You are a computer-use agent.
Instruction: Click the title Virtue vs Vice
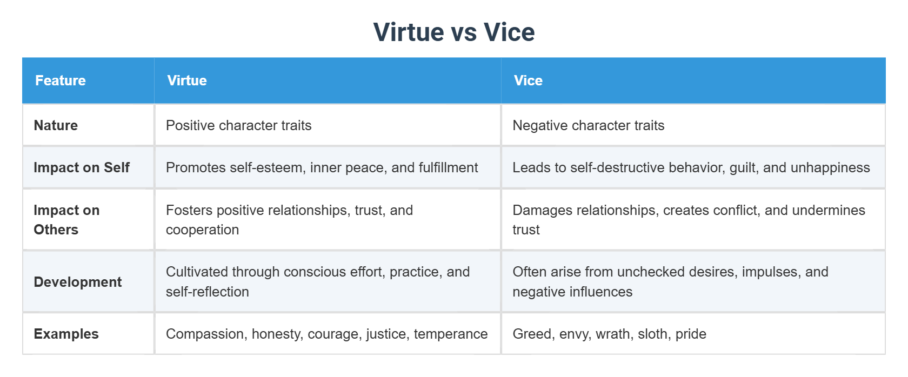(454, 32)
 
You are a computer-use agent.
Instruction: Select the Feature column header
(61, 80)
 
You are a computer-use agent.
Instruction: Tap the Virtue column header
(187, 80)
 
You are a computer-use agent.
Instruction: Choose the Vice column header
(528, 80)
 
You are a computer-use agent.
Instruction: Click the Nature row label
(56, 125)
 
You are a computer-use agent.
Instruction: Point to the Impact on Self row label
(82, 167)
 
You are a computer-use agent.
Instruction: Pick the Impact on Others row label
(66, 220)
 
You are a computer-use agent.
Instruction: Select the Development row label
(78, 282)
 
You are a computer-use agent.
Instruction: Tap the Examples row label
(66, 334)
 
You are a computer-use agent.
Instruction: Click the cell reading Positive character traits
(238, 125)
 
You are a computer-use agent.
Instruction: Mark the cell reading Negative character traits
(588, 125)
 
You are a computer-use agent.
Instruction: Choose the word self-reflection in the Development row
(208, 292)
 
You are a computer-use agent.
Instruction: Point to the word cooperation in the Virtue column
(202, 230)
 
